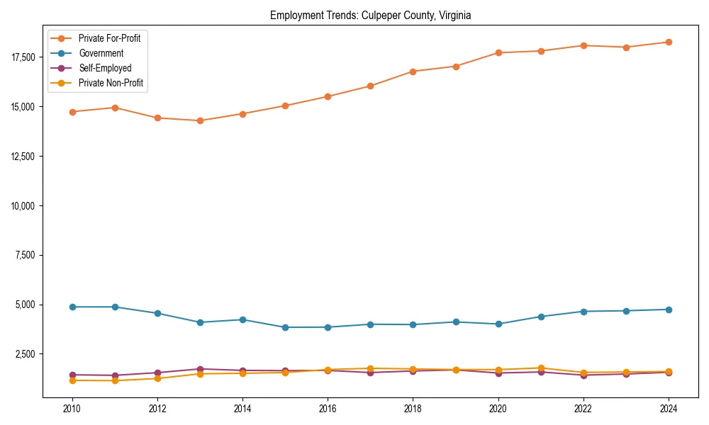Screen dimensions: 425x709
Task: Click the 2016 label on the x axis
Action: coord(328,409)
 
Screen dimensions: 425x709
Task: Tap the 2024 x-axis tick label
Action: coord(669,409)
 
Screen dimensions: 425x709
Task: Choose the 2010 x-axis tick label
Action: coord(72,409)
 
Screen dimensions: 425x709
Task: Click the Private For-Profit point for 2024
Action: coord(669,42)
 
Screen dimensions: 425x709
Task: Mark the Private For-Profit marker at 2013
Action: coord(200,121)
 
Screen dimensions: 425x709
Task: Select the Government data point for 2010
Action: coord(72,307)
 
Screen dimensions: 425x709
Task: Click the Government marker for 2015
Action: coord(285,327)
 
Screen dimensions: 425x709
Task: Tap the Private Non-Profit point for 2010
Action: coord(72,380)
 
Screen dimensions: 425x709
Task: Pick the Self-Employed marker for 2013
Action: coord(200,369)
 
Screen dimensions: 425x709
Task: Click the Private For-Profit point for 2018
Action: coord(413,72)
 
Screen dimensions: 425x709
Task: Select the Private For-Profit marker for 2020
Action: coord(498,52)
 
